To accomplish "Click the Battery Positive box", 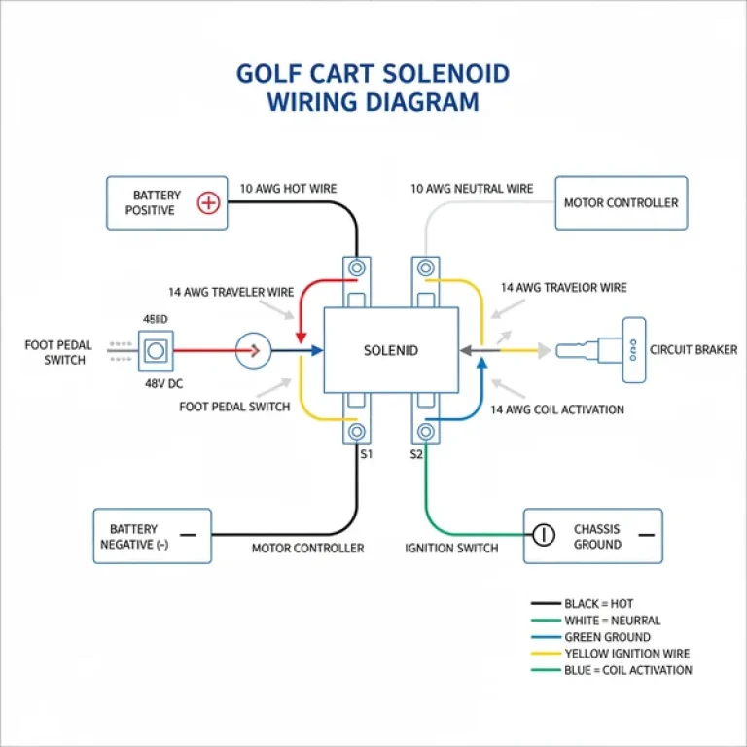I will click(166, 202).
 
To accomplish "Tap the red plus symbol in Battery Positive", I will click(207, 203).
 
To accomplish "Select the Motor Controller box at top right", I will click(621, 202).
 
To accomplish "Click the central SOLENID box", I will click(390, 350).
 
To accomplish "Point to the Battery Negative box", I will click(152, 536).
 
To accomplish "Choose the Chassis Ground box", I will click(592, 536).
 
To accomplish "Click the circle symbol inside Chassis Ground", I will click(543, 534).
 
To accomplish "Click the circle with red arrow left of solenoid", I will click(255, 350).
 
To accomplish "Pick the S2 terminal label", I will click(417, 453).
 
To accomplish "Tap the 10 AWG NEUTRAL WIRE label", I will click(472, 189).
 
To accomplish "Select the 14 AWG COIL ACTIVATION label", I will click(557, 409).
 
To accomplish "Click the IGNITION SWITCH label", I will click(451, 549).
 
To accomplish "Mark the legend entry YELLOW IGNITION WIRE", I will click(627, 654).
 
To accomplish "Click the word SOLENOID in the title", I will click(435, 74).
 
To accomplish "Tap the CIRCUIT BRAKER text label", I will click(694, 350).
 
